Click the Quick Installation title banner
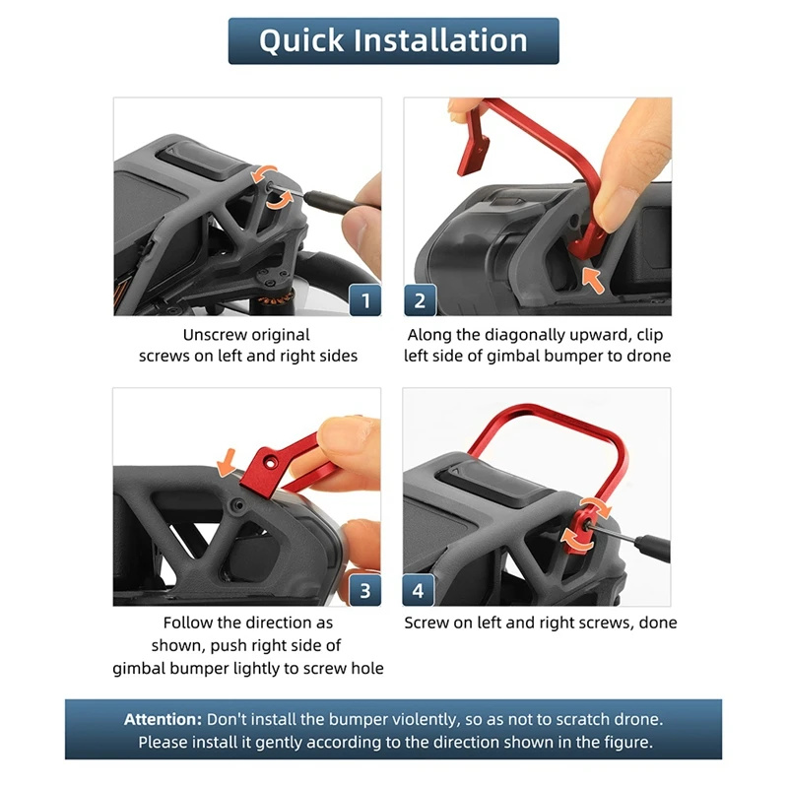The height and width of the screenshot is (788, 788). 393,40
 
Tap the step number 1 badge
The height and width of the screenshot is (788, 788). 364,300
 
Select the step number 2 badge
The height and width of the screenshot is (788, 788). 420,300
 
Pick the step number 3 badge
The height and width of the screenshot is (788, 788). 364,590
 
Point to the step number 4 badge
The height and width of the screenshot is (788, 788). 418,590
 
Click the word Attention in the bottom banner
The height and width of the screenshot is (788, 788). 163,719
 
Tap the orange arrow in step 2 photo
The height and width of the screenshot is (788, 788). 593,280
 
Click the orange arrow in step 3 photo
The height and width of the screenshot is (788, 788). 227,462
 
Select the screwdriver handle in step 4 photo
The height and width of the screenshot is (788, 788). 651,549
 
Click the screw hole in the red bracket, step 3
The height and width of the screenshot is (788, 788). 271,461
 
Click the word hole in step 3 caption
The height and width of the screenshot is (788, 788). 367,669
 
